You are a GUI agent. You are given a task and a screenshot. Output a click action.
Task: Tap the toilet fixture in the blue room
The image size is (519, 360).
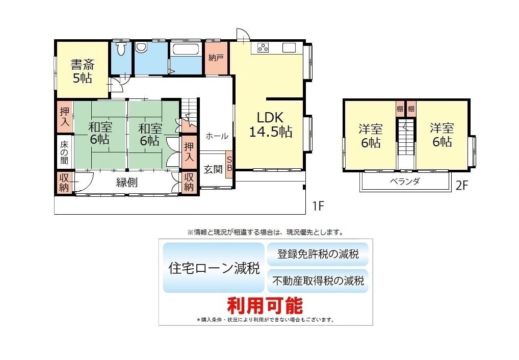tap(121, 48)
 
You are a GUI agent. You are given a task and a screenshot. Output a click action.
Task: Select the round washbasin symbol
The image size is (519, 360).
tap(141, 47)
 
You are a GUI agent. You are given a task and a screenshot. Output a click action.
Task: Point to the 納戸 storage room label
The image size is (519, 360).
tap(216, 58)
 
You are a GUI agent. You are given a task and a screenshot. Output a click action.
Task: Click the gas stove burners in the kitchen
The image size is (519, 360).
tap(264, 48)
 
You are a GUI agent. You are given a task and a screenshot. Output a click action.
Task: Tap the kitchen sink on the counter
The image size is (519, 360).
tap(289, 48)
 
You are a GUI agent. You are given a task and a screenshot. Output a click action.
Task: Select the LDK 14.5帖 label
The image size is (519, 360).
tap(270, 124)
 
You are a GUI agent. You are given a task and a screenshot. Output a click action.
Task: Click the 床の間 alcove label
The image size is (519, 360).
tap(64, 152)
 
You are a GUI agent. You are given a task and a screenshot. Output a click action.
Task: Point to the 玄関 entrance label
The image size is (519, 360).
tap(213, 169)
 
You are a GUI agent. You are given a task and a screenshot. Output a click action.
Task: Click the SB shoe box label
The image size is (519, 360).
tap(229, 164)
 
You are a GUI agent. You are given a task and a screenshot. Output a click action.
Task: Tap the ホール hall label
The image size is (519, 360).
tap(217, 136)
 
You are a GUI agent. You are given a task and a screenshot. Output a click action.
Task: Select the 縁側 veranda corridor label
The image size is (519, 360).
tap(127, 183)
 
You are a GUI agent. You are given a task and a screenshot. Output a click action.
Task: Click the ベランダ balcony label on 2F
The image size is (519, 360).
tap(405, 181)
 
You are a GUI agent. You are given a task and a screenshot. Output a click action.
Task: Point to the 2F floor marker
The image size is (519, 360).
tap(462, 186)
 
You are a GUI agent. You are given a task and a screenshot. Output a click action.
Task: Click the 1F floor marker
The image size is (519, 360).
tap(318, 206)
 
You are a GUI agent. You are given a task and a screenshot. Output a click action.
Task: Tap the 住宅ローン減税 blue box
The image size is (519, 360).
tap(214, 268)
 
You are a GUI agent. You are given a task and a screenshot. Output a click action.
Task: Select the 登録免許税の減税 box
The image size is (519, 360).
tap(318, 254)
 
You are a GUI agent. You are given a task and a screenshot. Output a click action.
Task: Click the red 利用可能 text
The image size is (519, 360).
tap(265, 305)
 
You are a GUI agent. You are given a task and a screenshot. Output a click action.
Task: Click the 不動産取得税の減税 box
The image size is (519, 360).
tap(318, 281)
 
